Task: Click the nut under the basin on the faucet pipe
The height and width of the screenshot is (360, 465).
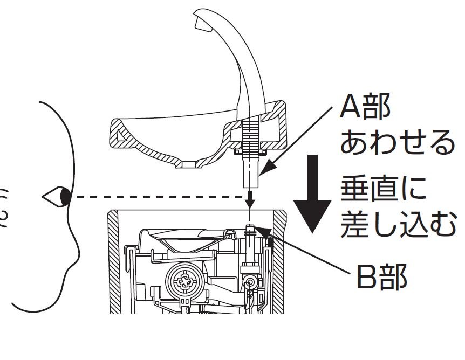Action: coord(250,153)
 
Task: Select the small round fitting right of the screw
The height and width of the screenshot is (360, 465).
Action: coord(249,282)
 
